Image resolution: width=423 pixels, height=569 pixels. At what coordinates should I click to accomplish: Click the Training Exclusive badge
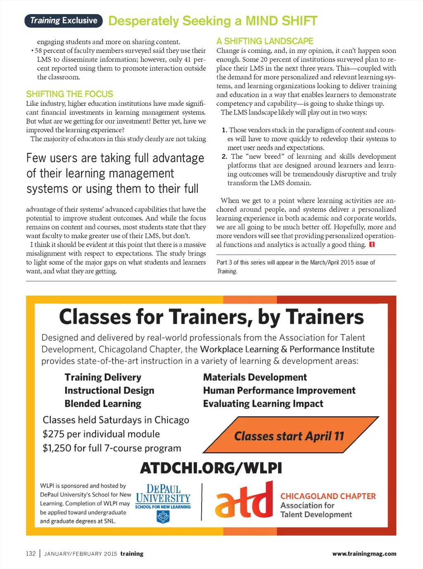[64, 21]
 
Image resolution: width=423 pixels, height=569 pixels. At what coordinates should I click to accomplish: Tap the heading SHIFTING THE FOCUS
[69, 94]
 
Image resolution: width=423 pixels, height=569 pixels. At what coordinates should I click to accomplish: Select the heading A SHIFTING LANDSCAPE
[265, 41]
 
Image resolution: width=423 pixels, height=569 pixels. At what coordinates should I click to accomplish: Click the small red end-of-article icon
[372, 244]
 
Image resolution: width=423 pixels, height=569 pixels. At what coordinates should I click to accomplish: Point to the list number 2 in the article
[224, 156]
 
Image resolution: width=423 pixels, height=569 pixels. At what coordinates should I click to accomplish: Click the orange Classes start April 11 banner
[289, 436]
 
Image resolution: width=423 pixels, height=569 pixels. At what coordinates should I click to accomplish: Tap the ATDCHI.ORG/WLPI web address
[211, 468]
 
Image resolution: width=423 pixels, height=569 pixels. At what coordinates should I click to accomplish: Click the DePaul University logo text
[163, 494]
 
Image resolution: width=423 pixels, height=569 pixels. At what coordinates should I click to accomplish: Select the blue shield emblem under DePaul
[163, 517]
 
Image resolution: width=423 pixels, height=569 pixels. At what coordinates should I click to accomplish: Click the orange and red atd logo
[244, 501]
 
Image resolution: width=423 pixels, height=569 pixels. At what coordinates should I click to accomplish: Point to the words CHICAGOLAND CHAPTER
[328, 496]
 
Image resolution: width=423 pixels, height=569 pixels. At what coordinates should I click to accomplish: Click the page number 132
[31, 554]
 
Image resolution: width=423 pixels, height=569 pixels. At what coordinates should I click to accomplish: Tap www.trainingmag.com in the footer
[364, 554]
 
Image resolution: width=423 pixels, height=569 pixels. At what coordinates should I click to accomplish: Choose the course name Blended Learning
[103, 404]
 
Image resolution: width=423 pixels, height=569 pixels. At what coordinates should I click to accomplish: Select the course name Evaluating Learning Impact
[263, 404]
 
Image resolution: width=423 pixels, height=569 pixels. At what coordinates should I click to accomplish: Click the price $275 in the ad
[53, 434]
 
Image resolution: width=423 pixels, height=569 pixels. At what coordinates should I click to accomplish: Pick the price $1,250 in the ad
[57, 448]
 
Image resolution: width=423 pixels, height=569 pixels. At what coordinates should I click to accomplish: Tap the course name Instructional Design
[109, 390]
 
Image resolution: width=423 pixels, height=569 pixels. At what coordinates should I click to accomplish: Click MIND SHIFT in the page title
[281, 21]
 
